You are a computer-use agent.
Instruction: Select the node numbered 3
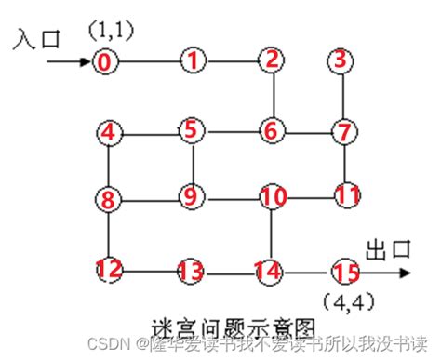click(x=342, y=61)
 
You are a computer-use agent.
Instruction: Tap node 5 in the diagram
click(x=191, y=130)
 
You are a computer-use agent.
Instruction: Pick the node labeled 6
click(x=271, y=130)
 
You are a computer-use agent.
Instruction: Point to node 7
click(x=344, y=130)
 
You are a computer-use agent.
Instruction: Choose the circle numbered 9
click(x=191, y=195)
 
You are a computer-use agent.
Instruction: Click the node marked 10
click(x=273, y=197)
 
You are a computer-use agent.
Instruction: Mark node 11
click(x=347, y=195)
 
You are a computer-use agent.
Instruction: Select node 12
click(x=109, y=270)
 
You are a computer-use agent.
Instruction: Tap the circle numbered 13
click(x=191, y=272)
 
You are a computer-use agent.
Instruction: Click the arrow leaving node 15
click(x=383, y=273)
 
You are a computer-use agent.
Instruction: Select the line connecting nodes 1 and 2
click(x=231, y=62)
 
